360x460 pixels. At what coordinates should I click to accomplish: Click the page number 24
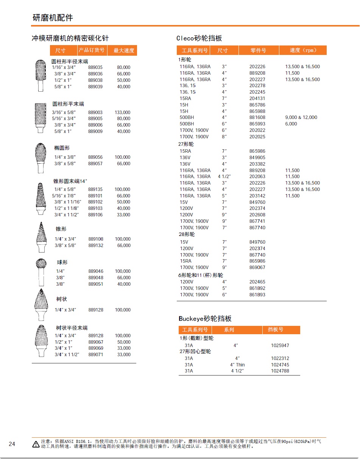pos(12,444)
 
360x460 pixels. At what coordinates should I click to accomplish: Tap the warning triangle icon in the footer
pos(36,444)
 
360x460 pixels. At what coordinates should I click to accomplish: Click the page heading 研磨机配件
pos(53,18)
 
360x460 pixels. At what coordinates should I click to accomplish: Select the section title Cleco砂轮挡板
pos(199,38)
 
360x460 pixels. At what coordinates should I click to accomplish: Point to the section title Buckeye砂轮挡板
pos(205,319)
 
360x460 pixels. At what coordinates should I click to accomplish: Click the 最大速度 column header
pos(124,50)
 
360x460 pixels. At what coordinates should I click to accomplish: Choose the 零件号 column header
pos(259,50)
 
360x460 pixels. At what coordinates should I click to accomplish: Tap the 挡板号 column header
pos(275,330)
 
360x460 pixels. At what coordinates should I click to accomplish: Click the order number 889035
pos(95,67)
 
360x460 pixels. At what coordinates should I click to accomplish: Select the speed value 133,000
pos(122,113)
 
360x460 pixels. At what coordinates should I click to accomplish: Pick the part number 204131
pos(257,99)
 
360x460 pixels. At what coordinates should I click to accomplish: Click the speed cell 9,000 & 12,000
pos(301,117)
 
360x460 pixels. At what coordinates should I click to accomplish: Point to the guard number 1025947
pos(280,346)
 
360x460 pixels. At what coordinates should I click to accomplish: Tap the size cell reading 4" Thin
pos(237,365)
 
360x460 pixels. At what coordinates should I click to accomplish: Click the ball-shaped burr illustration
pos(41,272)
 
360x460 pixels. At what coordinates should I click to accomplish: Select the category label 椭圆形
pos(62,148)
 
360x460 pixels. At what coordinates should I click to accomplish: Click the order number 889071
pos(95,355)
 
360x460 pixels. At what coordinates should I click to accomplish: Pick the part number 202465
pos(257,282)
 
